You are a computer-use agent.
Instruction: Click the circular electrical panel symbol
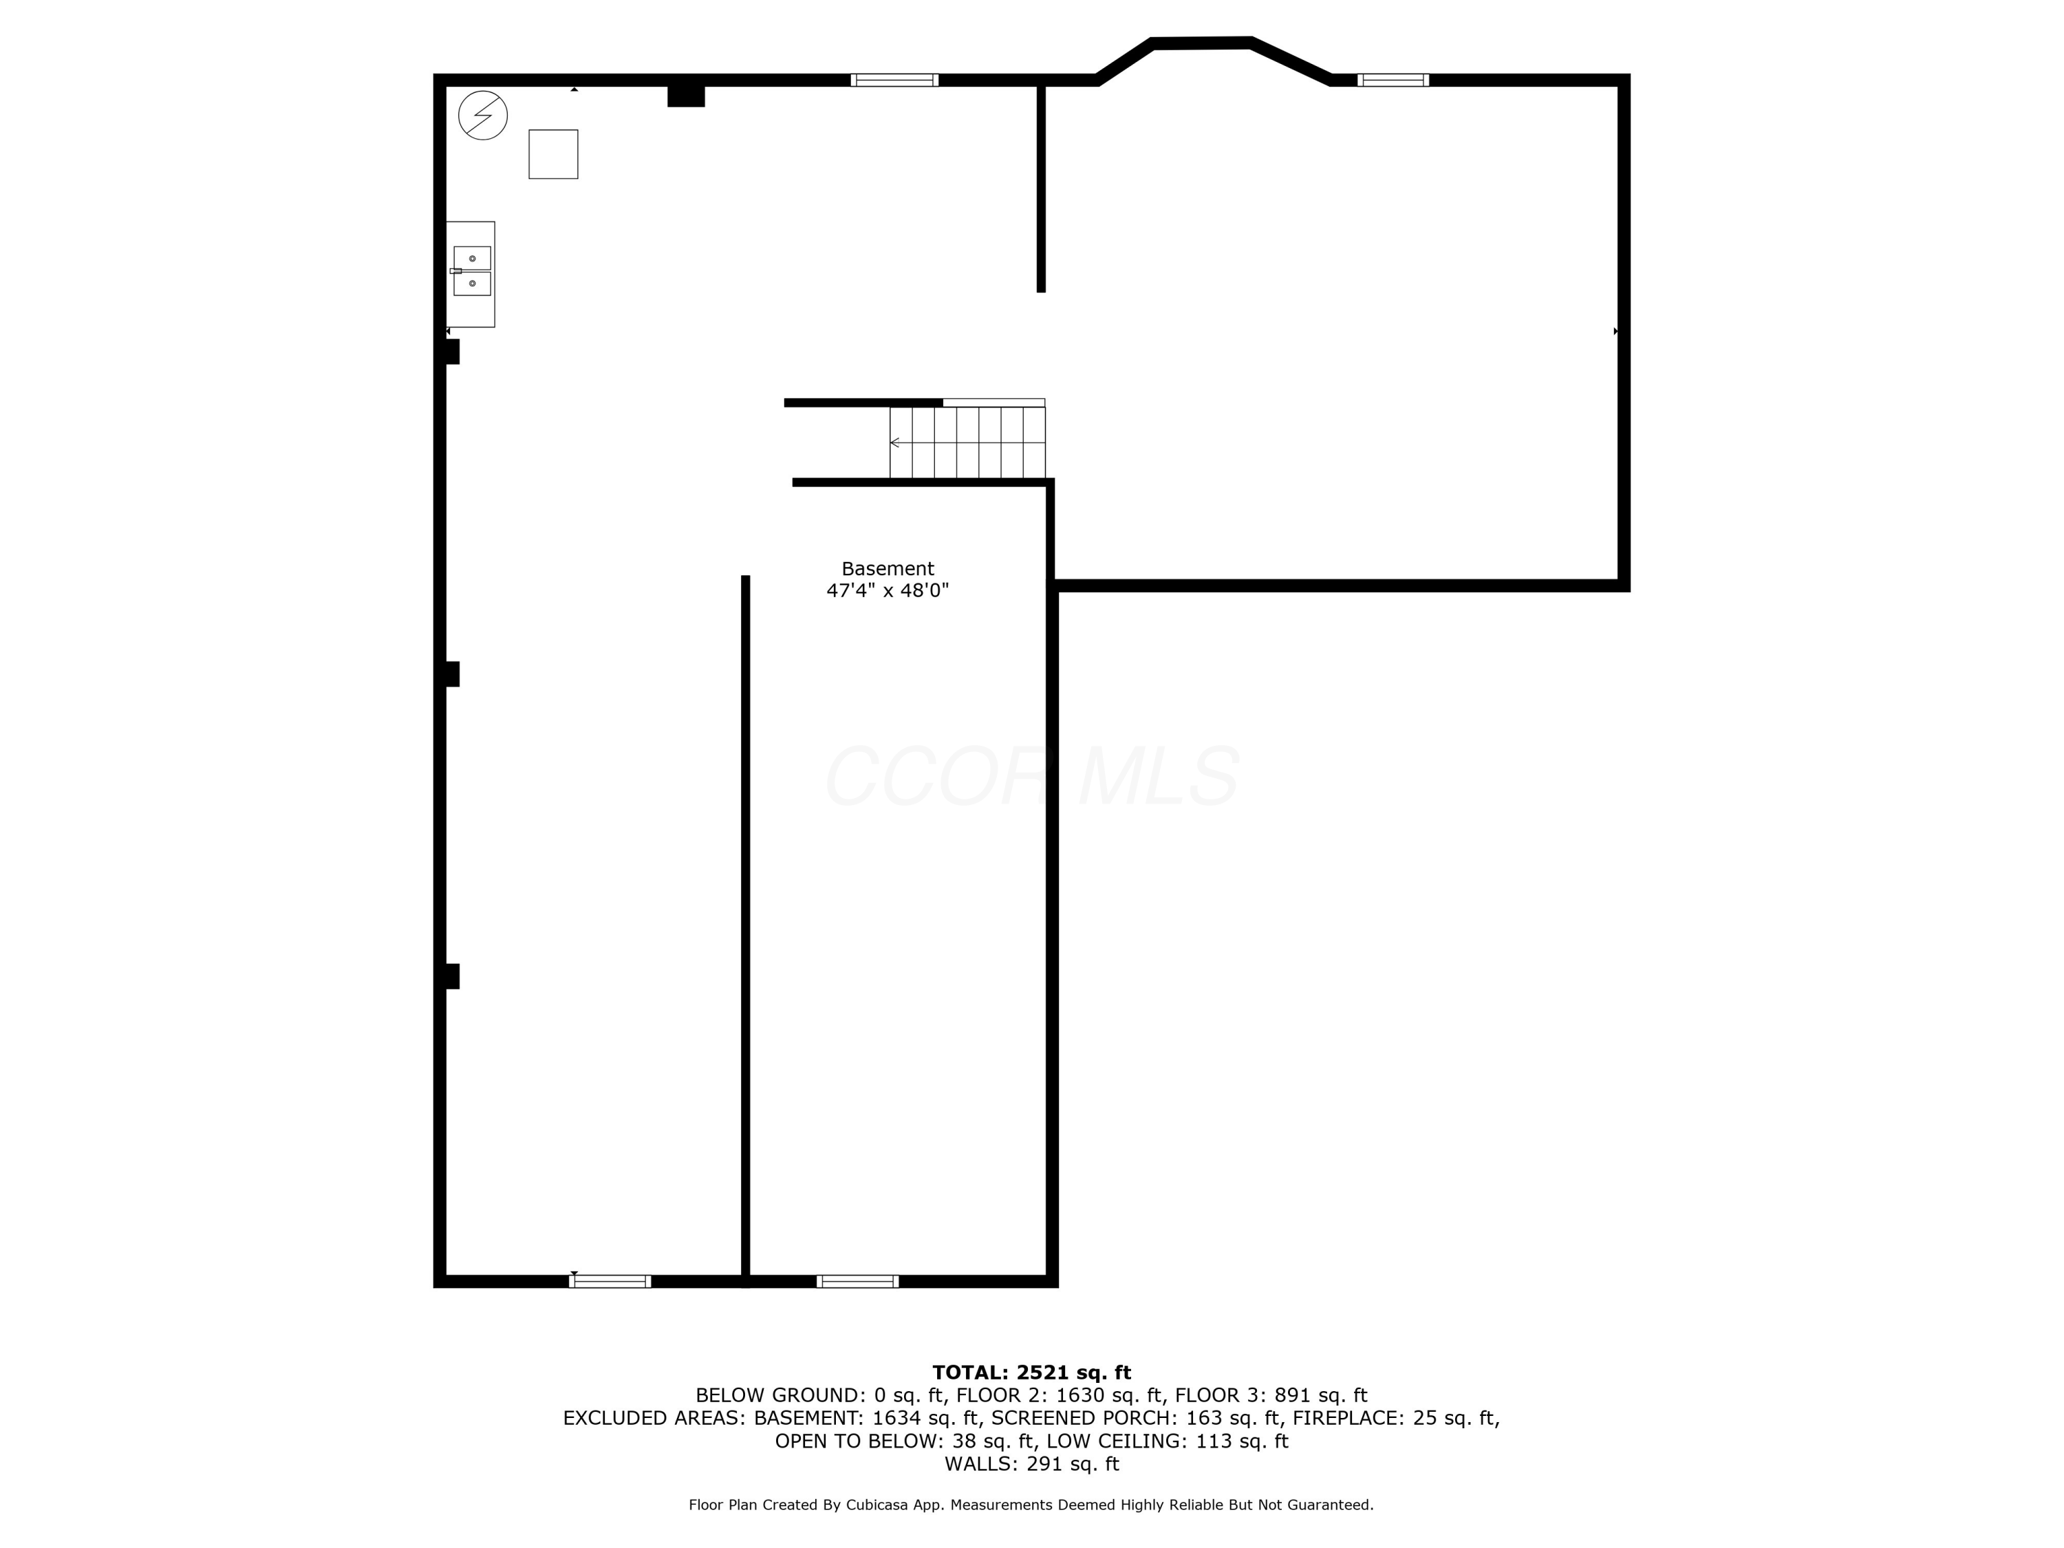pyautogui.click(x=482, y=115)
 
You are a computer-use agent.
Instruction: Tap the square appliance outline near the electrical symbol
pyautogui.click(x=552, y=154)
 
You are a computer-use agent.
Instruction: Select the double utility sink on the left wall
pyautogui.click(x=471, y=272)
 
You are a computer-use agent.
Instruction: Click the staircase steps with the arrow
pyautogui.click(x=967, y=442)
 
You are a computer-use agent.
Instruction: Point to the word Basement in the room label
pyautogui.click(x=888, y=569)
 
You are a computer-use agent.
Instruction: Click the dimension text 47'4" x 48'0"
pyautogui.click(x=888, y=590)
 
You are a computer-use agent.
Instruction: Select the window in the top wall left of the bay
pyautogui.click(x=894, y=80)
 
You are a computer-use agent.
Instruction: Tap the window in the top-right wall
pyautogui.click(x=1393, y=80)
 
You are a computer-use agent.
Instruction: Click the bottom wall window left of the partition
pyautogui.click(x=610, y=1281)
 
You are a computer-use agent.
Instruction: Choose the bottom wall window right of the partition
pyautogui.click(x=857, y=1281)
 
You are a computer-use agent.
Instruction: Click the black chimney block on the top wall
pyautogui.click(x=686, y=96)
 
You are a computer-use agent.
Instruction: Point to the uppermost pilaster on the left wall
pyautogui.click(x=453, y=352)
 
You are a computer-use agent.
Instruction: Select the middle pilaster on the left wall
pyautogui.click(x=453, y=674)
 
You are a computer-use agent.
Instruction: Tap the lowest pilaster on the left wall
pyautogui.click(x=453, y=976)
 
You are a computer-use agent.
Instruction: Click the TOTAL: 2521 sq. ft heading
pyautogui.click(x=1031, y=1373)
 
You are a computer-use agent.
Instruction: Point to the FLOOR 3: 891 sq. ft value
pyautogui.click(x=1270, y=1396)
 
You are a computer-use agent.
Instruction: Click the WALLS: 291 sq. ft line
pyautogui.click(x=1031, y=1464)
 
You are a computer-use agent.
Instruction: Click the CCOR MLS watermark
pyautogui.click(x=1031, y=776)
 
